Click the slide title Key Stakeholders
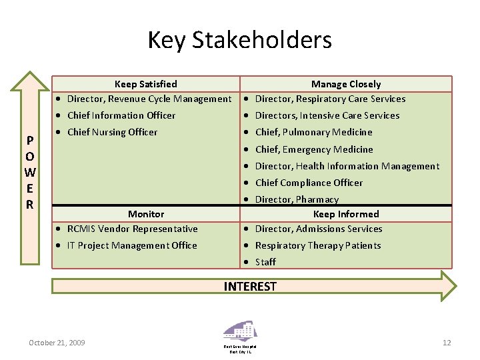[x=239, y=40]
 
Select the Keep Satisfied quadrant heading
[x=145, y=84]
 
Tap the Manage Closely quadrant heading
[x=346, y=84]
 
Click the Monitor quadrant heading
[x=145, y=214]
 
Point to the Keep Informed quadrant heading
[x=346, y=214]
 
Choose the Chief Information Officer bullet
[x=121, y=115]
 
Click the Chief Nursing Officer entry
[x=112, y=132]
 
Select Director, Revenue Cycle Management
[x=149, y=99]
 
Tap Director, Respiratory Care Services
[x=330, y=99]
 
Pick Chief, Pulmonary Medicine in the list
[x=313, y=132]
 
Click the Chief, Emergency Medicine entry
[x=314, y=149]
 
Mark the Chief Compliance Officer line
[x=309, y=183]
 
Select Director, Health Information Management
[x=347, y=166]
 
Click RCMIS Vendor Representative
[x=132, y=229]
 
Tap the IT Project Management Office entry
[x=132, y=245]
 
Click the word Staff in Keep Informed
[x=265, y=262]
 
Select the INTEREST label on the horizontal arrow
[x=250, y=287]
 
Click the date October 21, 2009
[x=57, y=343]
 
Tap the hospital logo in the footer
[x=239, y=333]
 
